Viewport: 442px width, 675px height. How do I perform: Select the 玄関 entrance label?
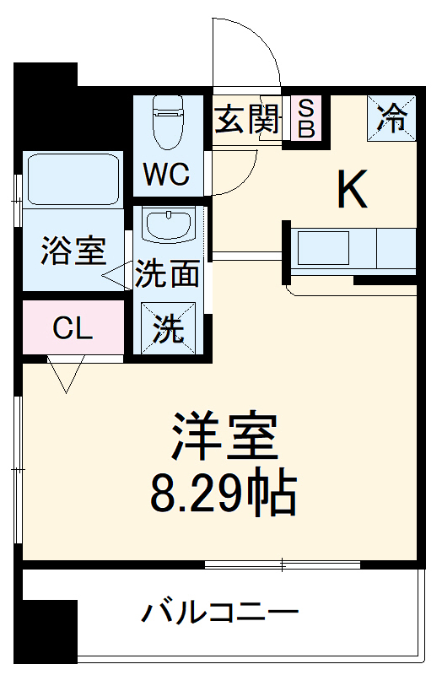pos(246,120)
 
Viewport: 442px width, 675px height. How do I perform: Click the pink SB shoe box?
pos(306,118)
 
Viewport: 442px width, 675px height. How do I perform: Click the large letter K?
pos(353,190)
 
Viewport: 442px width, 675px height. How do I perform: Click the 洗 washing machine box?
pos(167,328)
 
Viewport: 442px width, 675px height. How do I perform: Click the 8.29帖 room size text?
pos(224,494)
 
